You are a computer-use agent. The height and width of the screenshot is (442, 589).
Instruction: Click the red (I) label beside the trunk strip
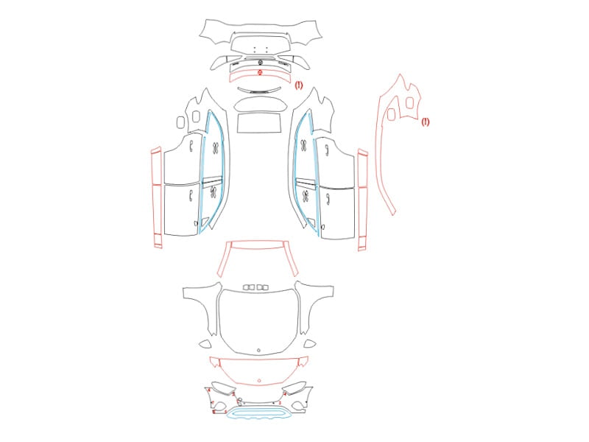pyautogui.click(x=299, y=85)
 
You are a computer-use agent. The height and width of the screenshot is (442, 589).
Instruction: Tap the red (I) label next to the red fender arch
pyautogui.click(x=425, y=122)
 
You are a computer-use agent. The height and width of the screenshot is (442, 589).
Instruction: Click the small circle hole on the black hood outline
pyautogui.click(x=259, y=351)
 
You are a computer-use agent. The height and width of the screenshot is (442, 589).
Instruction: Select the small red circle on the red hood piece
pyautogui.click(x=259, y=381)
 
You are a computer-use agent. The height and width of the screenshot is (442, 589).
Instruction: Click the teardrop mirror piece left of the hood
pyautogui.click(x=205, y=343)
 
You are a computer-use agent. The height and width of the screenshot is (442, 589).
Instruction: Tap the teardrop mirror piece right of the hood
pyautogui.click(x=310, y=343)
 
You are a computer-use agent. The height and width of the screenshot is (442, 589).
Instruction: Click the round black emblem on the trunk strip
pyautogui.click(x=261, y=63)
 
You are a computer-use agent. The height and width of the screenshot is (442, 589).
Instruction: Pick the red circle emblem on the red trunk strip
pyautogui.click(x=260, y=72)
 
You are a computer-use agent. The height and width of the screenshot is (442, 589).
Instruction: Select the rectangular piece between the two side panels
pyautogui.click(x=260, y=122)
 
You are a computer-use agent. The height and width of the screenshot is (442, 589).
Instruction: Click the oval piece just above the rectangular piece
pyautogui.click(x=260, y=104)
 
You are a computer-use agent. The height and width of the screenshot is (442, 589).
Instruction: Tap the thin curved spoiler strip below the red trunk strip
pyautogui.click(x=260, y=90)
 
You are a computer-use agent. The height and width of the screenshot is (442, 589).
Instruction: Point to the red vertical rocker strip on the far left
pyautogui.click(x=157, y=197)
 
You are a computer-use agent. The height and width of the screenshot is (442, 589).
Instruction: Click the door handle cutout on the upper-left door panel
pyautogui.click(x=191, y=145)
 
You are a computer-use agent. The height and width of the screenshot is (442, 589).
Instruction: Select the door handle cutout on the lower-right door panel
pyautogui.click(x=328, y=199)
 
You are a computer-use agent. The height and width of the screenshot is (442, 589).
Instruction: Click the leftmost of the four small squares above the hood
pyautogui.click(x=247, y=287)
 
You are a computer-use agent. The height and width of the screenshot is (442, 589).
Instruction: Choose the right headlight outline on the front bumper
pyautogui.click(x=294, y=387)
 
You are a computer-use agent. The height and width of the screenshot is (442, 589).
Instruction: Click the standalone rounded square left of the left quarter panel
pyautogui.click(x=180, y=122)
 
